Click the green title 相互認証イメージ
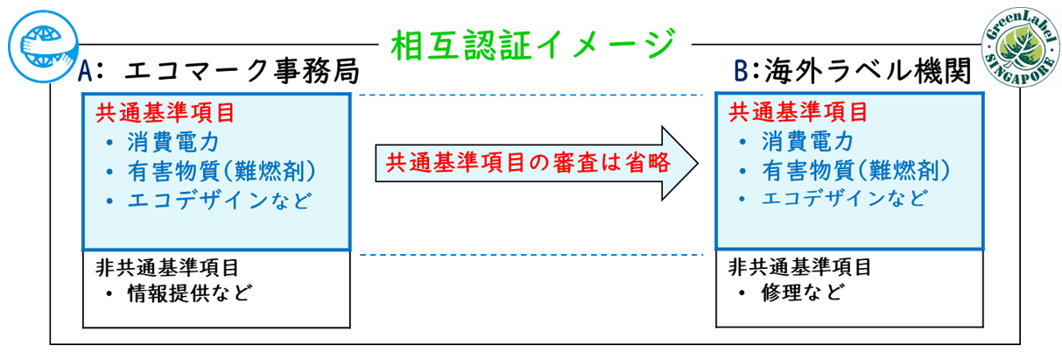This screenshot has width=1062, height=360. (531, 42)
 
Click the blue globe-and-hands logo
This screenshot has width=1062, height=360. (40, 43)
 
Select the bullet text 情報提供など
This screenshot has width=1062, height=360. (189, 293)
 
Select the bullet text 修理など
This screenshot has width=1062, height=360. (802, 293)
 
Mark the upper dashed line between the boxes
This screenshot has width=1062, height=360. (532, 95)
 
